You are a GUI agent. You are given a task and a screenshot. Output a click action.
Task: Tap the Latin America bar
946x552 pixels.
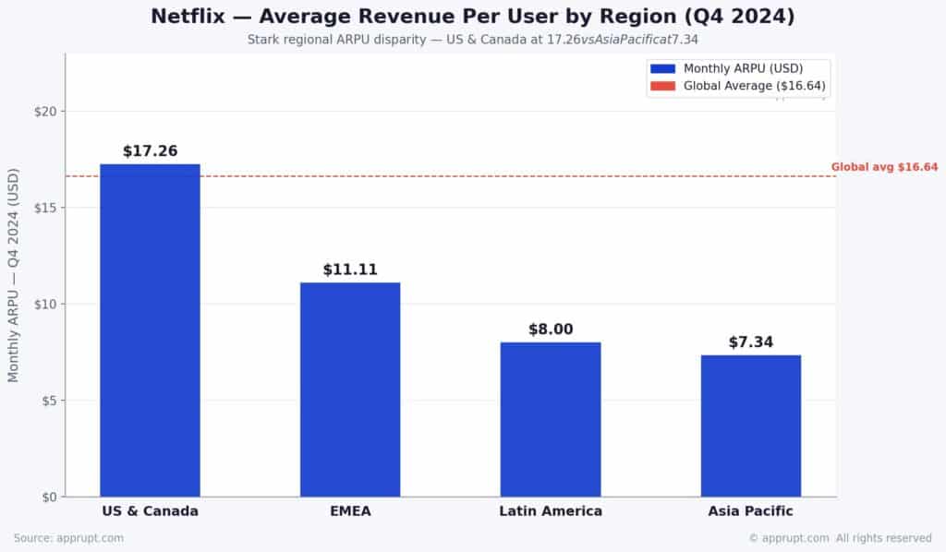pos(551,419)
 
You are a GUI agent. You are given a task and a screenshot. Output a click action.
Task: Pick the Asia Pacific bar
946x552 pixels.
pos(750,426)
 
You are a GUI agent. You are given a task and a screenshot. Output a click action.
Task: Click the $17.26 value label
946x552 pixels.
pos(150,151)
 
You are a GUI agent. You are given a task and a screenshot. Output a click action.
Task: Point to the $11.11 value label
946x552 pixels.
pos(350,270)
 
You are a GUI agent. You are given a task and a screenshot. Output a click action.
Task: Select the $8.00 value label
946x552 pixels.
pos(551,330)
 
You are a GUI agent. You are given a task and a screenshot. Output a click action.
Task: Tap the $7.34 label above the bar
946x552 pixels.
pos(750,342)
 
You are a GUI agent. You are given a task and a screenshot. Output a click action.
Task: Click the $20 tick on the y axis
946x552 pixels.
pos(44,112)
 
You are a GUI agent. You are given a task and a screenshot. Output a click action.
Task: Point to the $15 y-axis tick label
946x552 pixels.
pos(44,208)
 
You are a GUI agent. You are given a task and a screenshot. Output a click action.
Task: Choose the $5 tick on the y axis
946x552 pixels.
pos(48,401)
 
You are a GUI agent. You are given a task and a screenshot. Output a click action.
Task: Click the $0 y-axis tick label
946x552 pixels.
pos(48,498)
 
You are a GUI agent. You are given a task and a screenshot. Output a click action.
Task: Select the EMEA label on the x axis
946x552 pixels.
pos(350,511)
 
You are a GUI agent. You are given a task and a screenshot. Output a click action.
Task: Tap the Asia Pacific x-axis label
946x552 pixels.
pos(750,511)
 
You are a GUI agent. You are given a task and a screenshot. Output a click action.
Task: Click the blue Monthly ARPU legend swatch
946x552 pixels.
pos(663,69)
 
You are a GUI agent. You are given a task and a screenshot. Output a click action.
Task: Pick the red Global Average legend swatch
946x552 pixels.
pos(663,87)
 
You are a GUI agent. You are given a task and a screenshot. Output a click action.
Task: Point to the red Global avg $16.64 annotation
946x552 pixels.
pos(884,167)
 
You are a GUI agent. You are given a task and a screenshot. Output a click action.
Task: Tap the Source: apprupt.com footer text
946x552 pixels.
pos(68,538)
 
